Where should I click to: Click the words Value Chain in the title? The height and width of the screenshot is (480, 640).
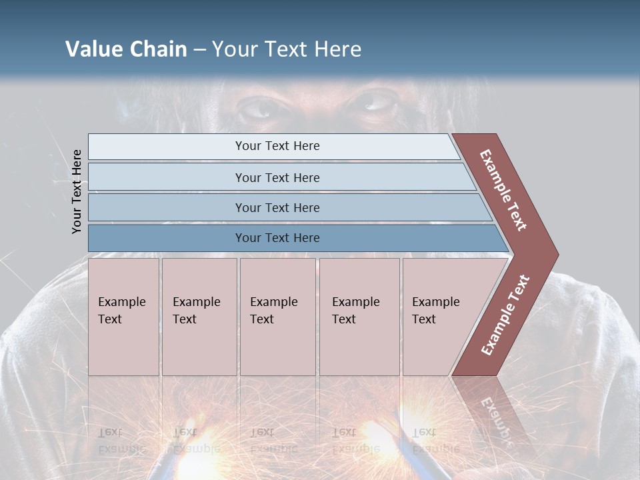click(x=126, y=49)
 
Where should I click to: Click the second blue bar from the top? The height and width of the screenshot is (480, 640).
click(x=277, y=177)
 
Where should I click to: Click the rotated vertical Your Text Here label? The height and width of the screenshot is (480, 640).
click(x=77, y=191)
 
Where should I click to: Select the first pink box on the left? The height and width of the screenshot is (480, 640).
click(x=123, y=317)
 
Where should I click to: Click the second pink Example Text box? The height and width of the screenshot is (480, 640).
click(x=199, y=317)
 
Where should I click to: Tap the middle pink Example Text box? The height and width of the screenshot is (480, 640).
click(x=277, y=317)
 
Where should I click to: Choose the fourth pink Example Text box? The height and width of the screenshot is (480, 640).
click(x=359, y=317)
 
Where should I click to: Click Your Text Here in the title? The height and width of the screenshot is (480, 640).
click(x=287, y=49)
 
